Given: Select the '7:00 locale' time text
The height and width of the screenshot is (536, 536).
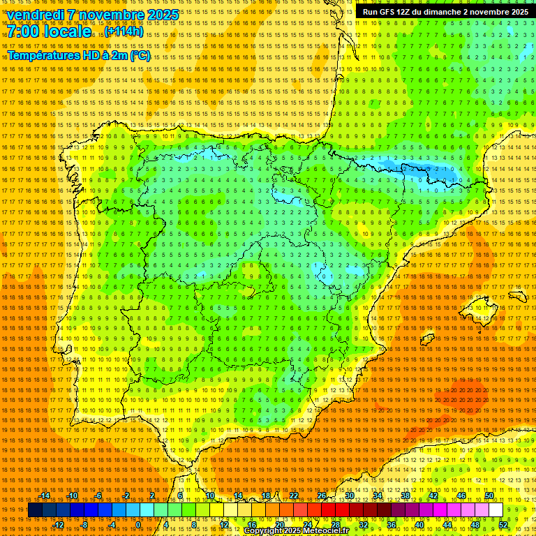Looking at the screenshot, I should tap(49, 31).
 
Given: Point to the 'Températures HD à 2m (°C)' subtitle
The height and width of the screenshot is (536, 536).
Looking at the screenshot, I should tap(78, 55).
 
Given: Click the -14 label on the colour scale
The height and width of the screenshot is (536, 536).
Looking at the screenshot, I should tap(45, 496).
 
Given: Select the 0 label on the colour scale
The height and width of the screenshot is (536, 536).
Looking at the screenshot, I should tap(139, 525).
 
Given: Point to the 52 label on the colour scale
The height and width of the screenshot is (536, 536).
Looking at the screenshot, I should tap(503, 525).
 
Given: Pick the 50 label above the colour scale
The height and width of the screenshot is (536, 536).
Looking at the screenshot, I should tap(489, 496).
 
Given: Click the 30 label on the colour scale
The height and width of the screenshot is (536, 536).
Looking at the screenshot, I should tap(349, 496).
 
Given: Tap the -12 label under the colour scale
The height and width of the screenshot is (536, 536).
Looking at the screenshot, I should tap(59, 525).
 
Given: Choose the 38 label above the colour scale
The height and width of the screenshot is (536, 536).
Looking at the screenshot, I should tap(405, 496).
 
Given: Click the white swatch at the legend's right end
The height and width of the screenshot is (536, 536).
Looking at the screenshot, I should tap(496, 510).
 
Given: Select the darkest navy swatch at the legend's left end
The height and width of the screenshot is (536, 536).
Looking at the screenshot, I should tap(35, 510).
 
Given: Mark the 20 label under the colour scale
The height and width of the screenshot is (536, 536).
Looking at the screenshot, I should tap(279, 525).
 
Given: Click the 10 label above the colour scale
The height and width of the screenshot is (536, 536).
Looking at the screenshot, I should tap(209, 496).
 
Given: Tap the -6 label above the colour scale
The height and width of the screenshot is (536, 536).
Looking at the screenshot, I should tap(99, 496).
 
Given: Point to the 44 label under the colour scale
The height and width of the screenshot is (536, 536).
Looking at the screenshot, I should tap(447, 525).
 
